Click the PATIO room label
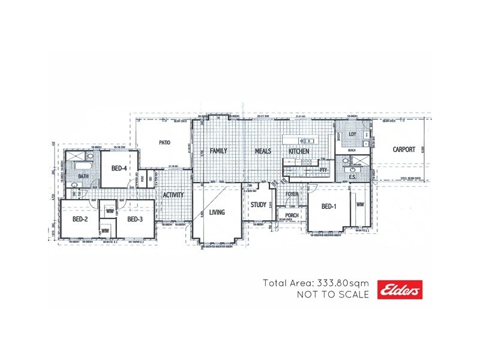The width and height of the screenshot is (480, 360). pos(166,143)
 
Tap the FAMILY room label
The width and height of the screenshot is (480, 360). pos(218,151)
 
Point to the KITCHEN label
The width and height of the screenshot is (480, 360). pos(299,151)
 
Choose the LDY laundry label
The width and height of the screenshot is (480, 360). pos(352,134)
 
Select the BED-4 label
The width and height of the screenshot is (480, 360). pos(119,169)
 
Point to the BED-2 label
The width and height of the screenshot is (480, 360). pos(80,220)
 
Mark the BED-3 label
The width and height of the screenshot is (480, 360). pos(134,220)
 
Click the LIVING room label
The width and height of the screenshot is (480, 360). pos(217,212)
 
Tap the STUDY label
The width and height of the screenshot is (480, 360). pos(259,205)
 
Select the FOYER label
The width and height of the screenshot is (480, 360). pos(292,194)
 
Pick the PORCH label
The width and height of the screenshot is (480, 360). pos(292,215)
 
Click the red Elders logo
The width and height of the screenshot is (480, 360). pos(400,289)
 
